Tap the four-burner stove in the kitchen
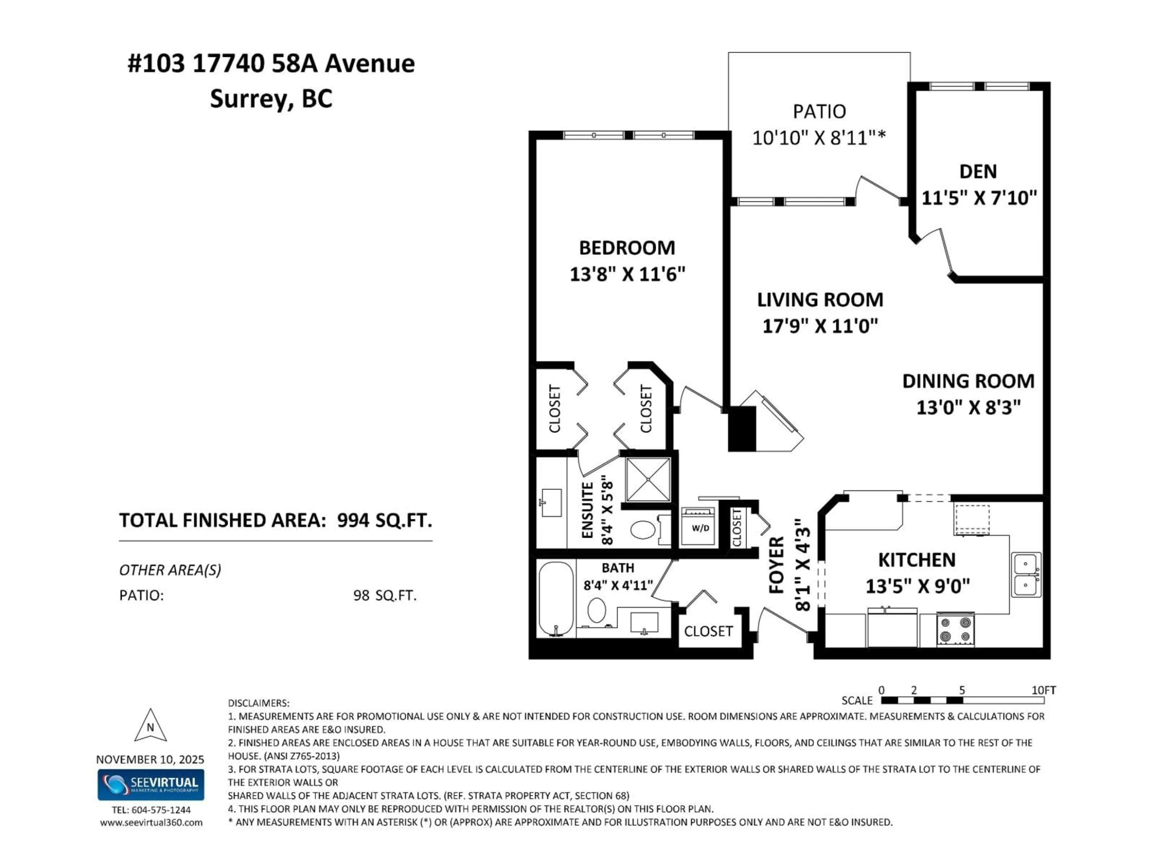click(x=955, y=629)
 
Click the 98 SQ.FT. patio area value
click(x=385, y=595)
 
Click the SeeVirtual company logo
click(x=151, y=785)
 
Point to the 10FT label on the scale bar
click(x=1043, y=690)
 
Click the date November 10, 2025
click(x=150, y=760)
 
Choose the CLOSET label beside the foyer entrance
click(x=708, y=631)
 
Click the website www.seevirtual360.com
click(x=151, y=823)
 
